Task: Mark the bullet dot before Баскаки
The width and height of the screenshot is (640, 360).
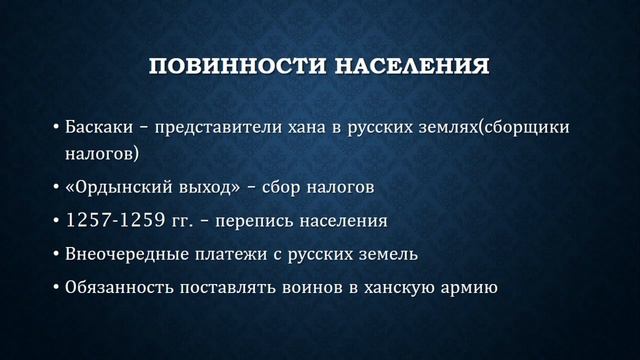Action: point(55,131)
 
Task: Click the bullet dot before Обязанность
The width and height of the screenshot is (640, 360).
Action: point(55,289)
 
